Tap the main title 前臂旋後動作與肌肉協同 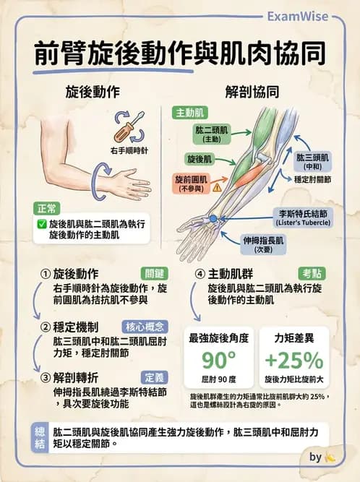click(x=180, y=53)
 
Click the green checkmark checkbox click(x=41, y=225)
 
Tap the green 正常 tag click(x=47, y=208)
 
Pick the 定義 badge click(x=155, y=377)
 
